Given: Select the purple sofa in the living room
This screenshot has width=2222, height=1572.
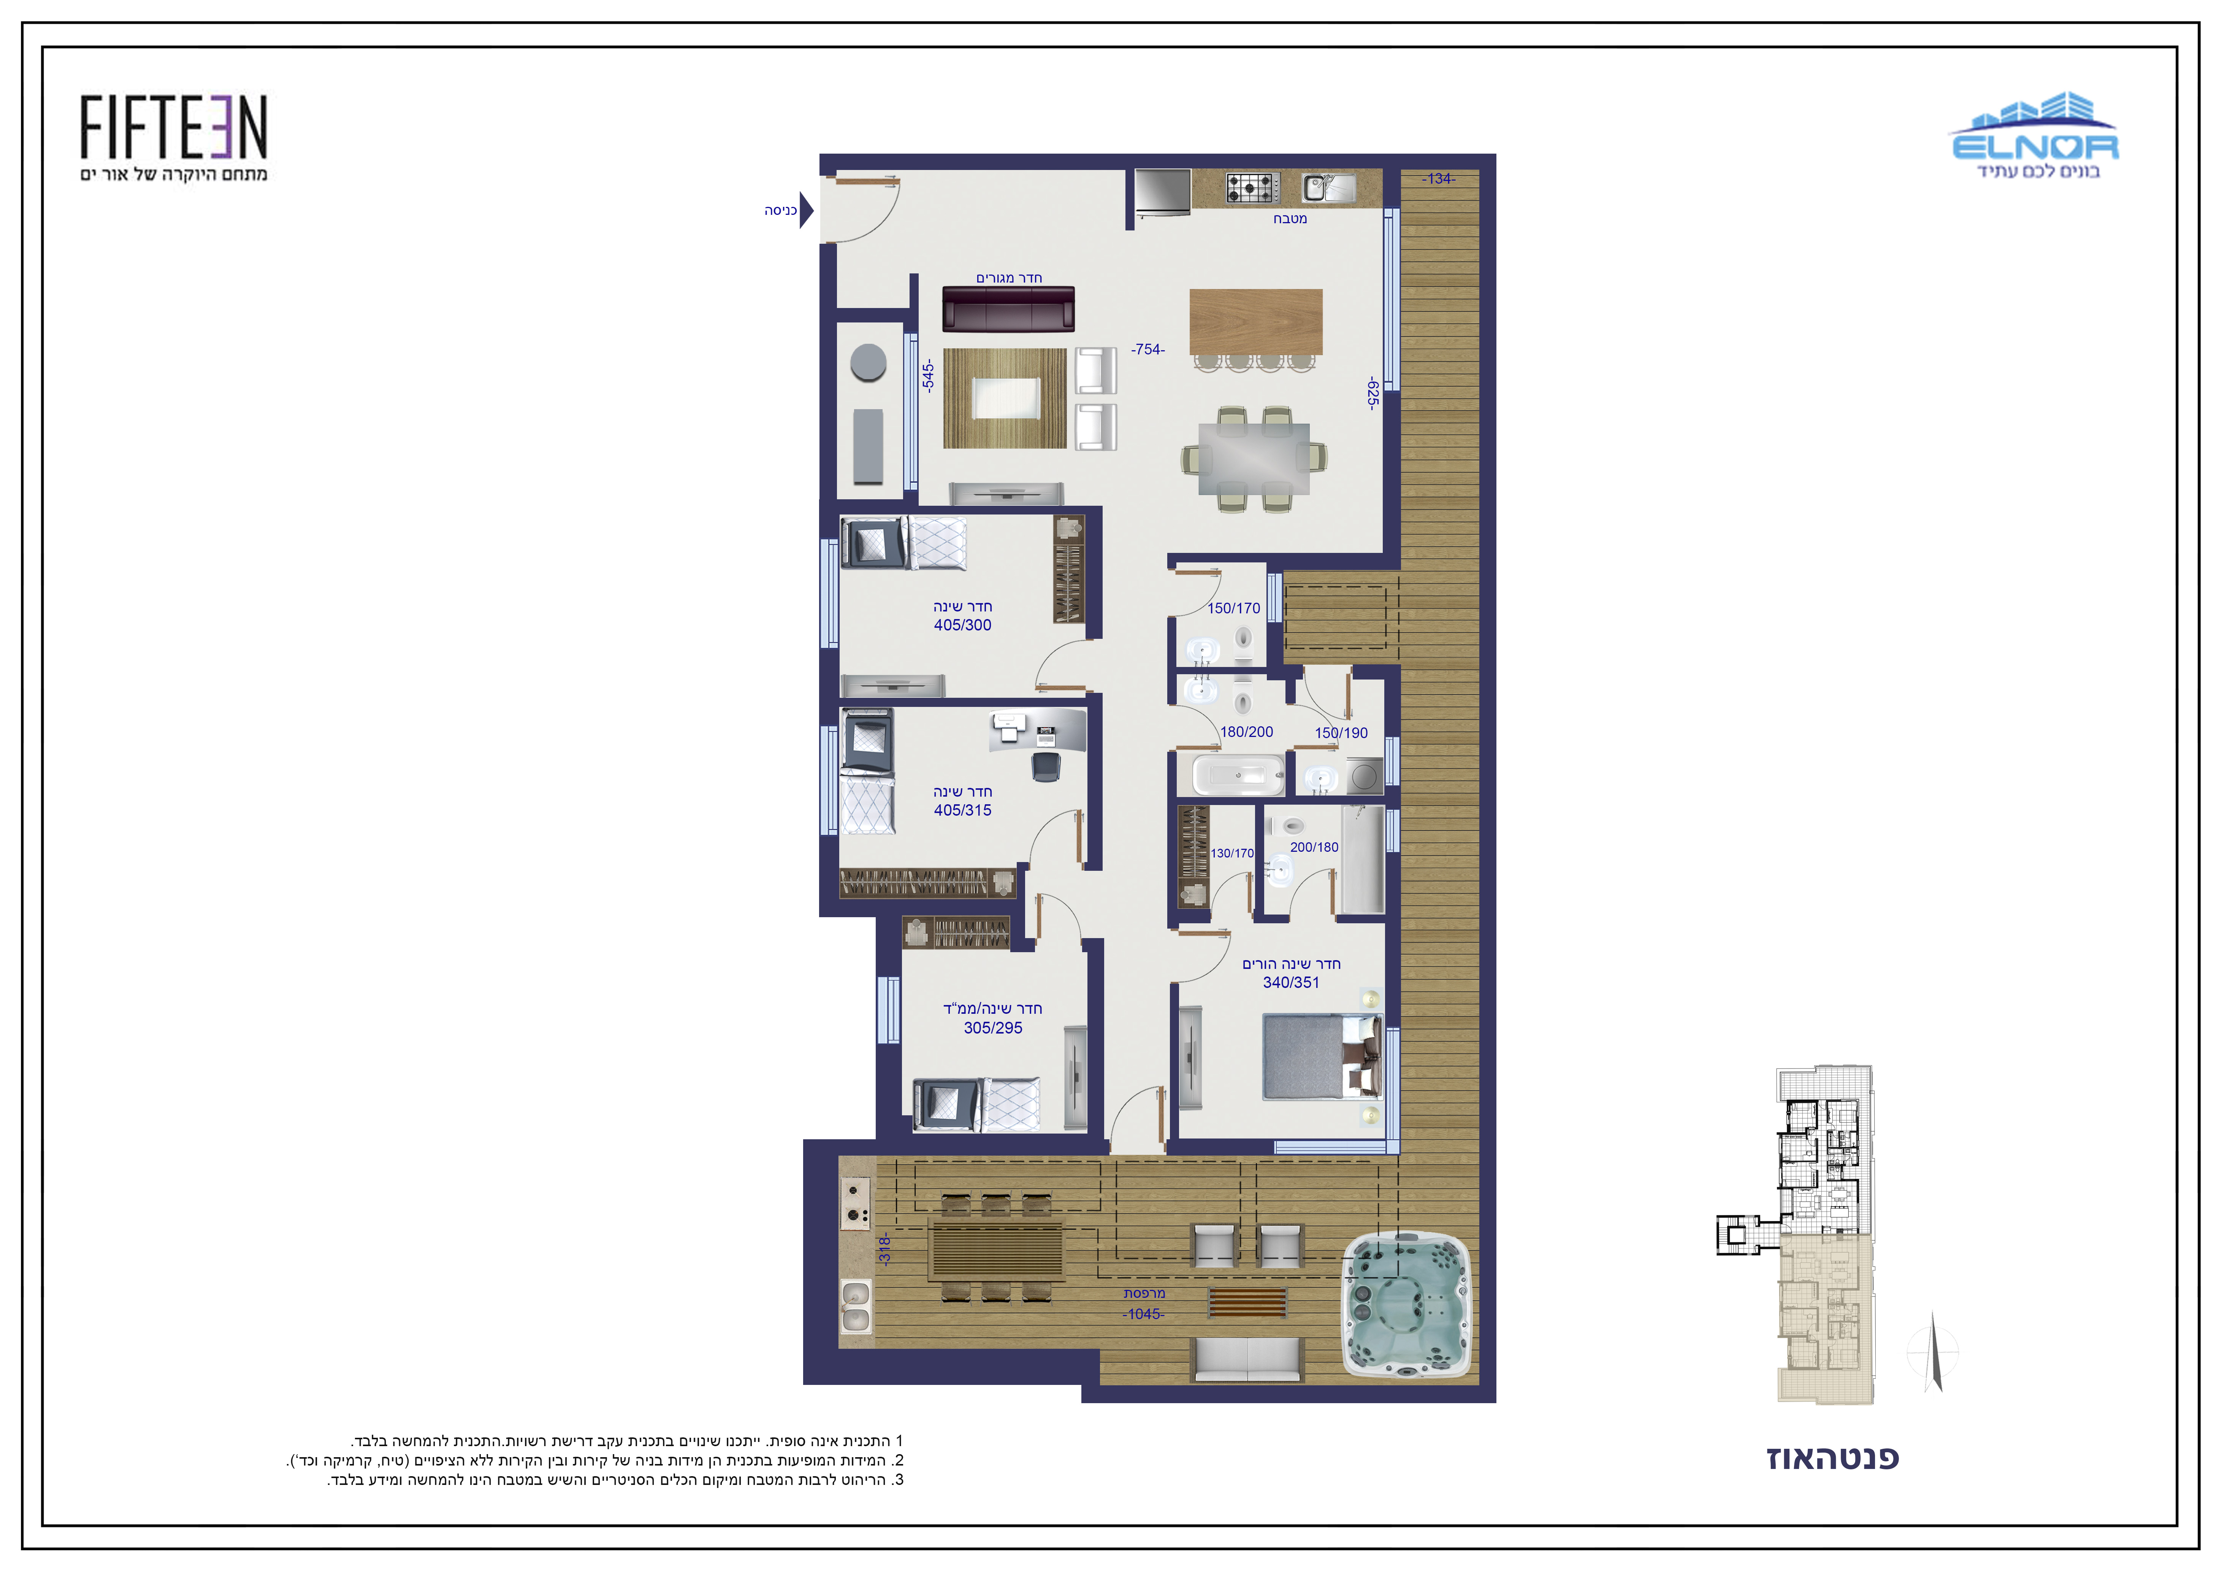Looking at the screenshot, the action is click(x=1008, y=309).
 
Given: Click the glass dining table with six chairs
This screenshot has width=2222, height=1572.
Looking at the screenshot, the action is click(x=1253, y=459).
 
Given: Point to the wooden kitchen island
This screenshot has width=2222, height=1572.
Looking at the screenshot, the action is click(x=1255, y=322).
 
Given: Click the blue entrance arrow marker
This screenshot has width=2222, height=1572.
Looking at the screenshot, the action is click(x=806, y=210).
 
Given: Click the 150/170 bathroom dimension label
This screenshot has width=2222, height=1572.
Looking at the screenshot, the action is click(x=1234, y=608).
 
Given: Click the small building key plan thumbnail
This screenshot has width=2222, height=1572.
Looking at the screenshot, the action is click(x=1795, y=1234).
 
